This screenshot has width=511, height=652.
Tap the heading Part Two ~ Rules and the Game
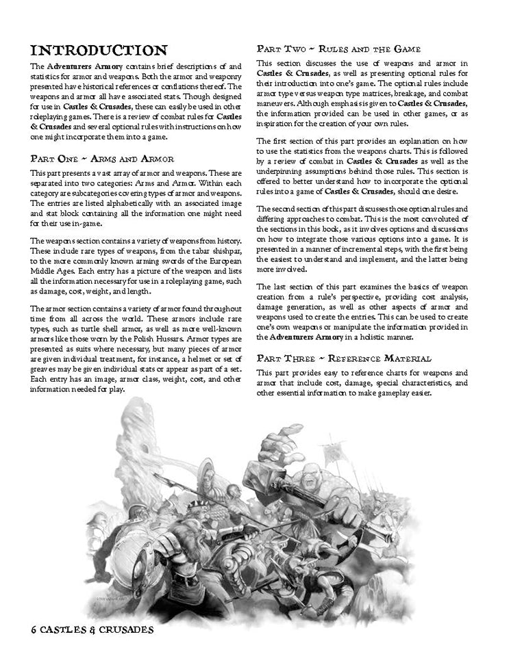(342, 49)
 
